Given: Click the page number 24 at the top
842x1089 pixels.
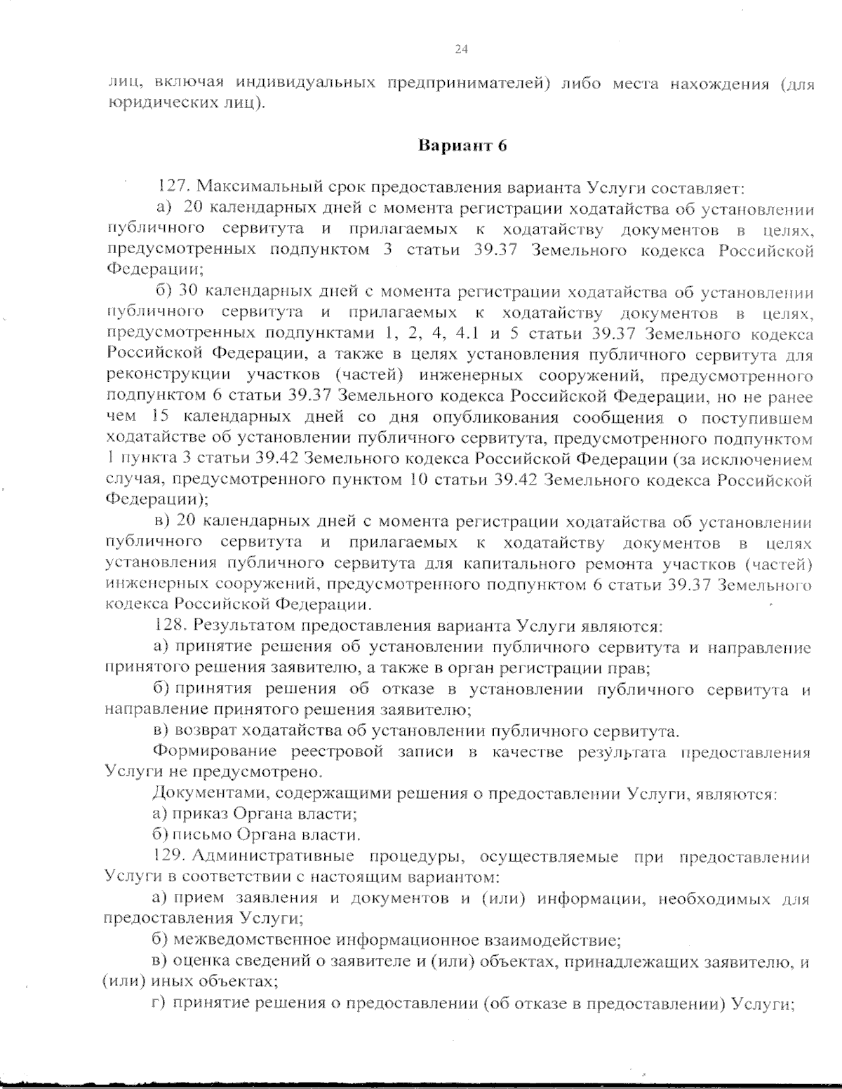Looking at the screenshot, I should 461,49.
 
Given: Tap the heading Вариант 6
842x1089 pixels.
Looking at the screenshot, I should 462,146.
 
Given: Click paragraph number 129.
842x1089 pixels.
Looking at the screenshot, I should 169,856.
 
